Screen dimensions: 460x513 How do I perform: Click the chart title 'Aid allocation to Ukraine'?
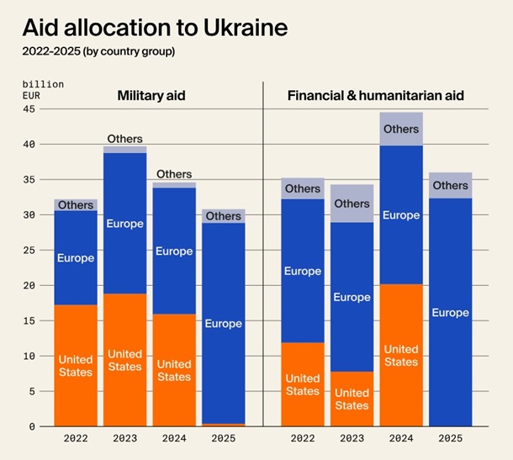156,28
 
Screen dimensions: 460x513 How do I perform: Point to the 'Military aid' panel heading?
151,96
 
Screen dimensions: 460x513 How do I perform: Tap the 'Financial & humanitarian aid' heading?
376,96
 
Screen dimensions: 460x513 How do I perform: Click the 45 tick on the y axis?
29,108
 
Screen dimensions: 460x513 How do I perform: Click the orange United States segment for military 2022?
76,366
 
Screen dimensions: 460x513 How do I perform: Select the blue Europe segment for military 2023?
125,224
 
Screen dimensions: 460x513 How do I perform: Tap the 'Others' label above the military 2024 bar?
174,174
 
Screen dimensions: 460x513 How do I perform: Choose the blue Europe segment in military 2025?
223,323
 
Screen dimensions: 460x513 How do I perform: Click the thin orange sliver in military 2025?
223,425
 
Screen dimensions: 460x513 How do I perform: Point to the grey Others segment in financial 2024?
401,130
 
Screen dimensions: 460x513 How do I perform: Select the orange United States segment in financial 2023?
352,399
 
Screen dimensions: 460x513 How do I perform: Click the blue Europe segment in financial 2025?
450,312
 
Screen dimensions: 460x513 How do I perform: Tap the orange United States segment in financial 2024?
401,355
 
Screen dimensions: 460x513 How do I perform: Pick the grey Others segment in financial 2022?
303,188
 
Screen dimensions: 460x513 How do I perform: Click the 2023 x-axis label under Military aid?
125,438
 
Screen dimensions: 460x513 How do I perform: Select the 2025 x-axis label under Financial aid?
450,438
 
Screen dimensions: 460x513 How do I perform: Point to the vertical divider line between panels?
263,252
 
